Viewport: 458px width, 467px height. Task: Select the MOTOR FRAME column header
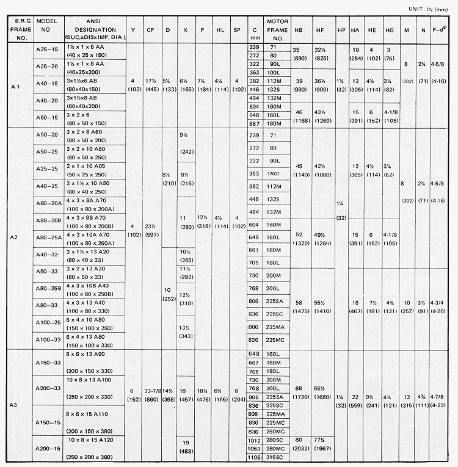(x=277, y=29)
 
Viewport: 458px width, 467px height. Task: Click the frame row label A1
(x=16, y=86)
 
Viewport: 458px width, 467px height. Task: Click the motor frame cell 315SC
(x=277, y=458)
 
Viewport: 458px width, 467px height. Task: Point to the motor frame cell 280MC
(x=277, y=449)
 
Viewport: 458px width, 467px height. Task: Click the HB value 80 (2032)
(x=299, y=444)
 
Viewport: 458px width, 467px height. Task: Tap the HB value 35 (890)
(x=299, y=53)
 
